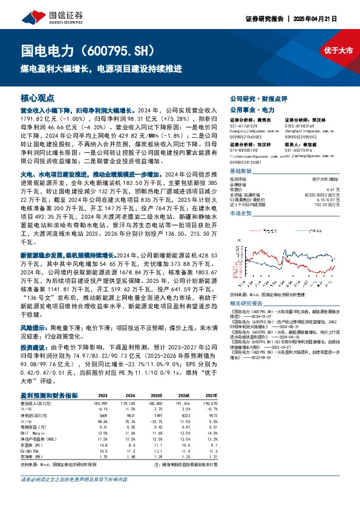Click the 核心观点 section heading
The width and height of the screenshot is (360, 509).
pyautogui.click(x=37, y=97)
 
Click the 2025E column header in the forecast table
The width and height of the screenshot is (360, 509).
pyautogui.click(x=156, y=395)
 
